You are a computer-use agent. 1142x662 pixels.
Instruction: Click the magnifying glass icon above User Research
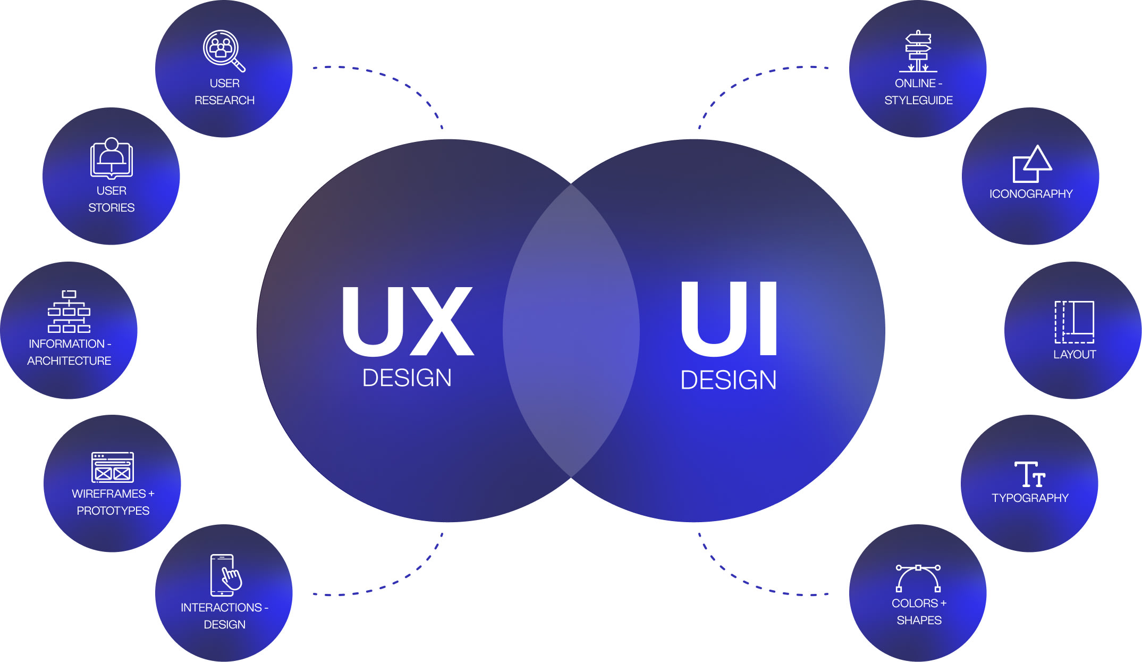224,51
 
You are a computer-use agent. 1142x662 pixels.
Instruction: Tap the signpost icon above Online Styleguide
918,52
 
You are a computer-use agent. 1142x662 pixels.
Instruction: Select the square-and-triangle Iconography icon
1031,164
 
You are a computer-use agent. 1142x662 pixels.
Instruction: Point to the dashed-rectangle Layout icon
1074,322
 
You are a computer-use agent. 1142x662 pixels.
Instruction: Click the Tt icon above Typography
1029,474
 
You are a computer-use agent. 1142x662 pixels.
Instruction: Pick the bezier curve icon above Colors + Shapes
918,579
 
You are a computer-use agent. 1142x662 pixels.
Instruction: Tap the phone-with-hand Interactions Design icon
225,575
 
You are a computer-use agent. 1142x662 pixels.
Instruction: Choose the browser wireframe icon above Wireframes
113,467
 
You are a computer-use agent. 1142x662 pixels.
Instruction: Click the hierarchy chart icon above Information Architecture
69,312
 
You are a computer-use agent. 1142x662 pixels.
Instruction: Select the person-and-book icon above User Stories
111,158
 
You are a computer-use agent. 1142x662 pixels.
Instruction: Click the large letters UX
408,321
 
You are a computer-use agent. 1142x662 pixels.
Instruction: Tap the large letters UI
729,319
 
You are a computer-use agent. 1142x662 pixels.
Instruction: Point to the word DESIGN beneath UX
407,378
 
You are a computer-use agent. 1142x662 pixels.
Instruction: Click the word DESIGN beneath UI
729,380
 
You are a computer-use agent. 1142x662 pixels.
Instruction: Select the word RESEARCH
224,100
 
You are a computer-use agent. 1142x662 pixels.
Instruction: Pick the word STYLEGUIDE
918,100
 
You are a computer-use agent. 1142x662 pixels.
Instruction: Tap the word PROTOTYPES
113,511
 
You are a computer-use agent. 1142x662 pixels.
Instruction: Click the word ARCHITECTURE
69,361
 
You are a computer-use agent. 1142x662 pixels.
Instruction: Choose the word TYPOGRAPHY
1030,498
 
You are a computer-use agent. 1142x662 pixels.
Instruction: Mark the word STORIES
112,208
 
